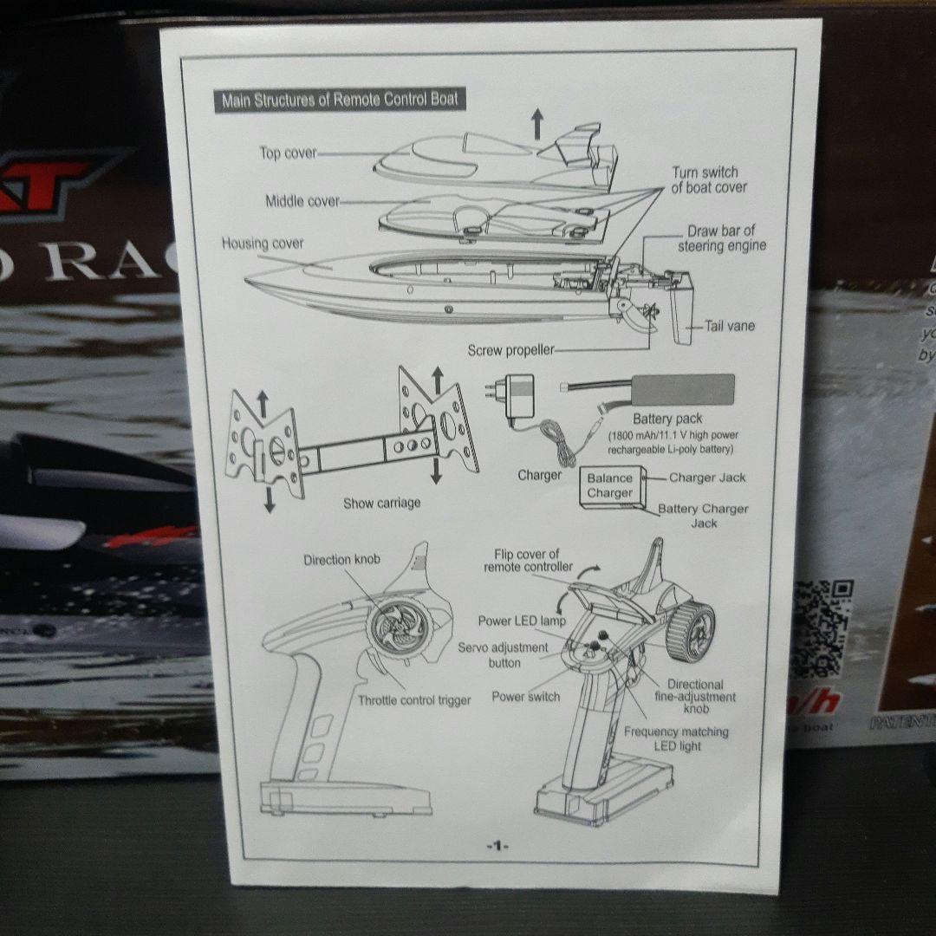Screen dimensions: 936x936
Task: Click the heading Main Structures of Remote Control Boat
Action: click(339, 100)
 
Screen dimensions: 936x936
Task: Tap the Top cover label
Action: click(288, 153)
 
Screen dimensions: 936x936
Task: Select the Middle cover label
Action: click(302, 201)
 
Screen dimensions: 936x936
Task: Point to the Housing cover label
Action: click(263, 244)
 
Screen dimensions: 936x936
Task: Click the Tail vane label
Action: click(729, 326)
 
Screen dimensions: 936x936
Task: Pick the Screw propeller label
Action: click(510, 350)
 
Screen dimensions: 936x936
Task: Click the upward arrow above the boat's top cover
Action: click(537, 123)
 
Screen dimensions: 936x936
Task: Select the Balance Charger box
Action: click(610, 485)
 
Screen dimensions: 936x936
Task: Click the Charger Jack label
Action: click(707, 478)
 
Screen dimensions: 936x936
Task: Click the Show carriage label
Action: click(382, 503)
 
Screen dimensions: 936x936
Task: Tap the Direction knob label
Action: click(341, 560)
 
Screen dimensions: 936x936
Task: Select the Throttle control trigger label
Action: click(414, 699)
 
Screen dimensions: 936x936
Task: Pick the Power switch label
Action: click(525, 696)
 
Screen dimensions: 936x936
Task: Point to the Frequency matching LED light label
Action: click(676, 738)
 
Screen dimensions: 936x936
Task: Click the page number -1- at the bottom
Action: click(497, 845)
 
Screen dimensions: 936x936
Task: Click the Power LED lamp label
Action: click(522, 621)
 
